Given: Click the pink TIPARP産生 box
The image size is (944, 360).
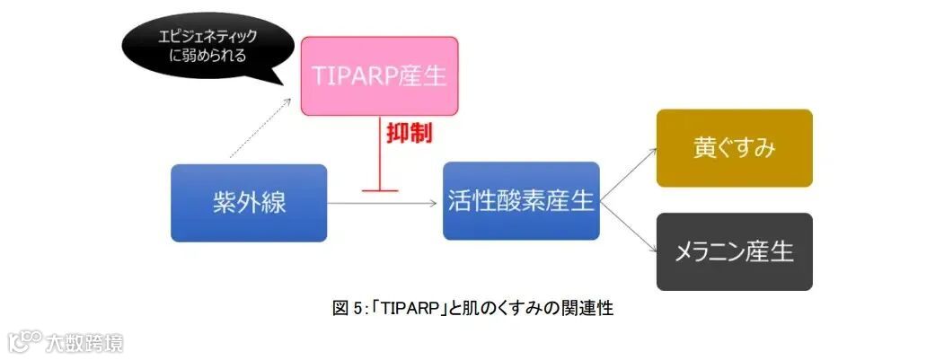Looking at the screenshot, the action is [379, 75].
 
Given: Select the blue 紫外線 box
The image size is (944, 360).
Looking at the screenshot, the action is [249, 203].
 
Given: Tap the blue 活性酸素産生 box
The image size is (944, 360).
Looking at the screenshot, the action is [521, 201].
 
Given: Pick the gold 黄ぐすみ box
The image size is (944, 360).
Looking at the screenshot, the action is [734, 148].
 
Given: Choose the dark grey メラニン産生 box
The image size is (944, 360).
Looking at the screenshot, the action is [734, 251].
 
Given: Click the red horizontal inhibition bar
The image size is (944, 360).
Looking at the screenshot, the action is [379, 190].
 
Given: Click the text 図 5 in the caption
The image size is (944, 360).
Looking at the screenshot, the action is [348, 309].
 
